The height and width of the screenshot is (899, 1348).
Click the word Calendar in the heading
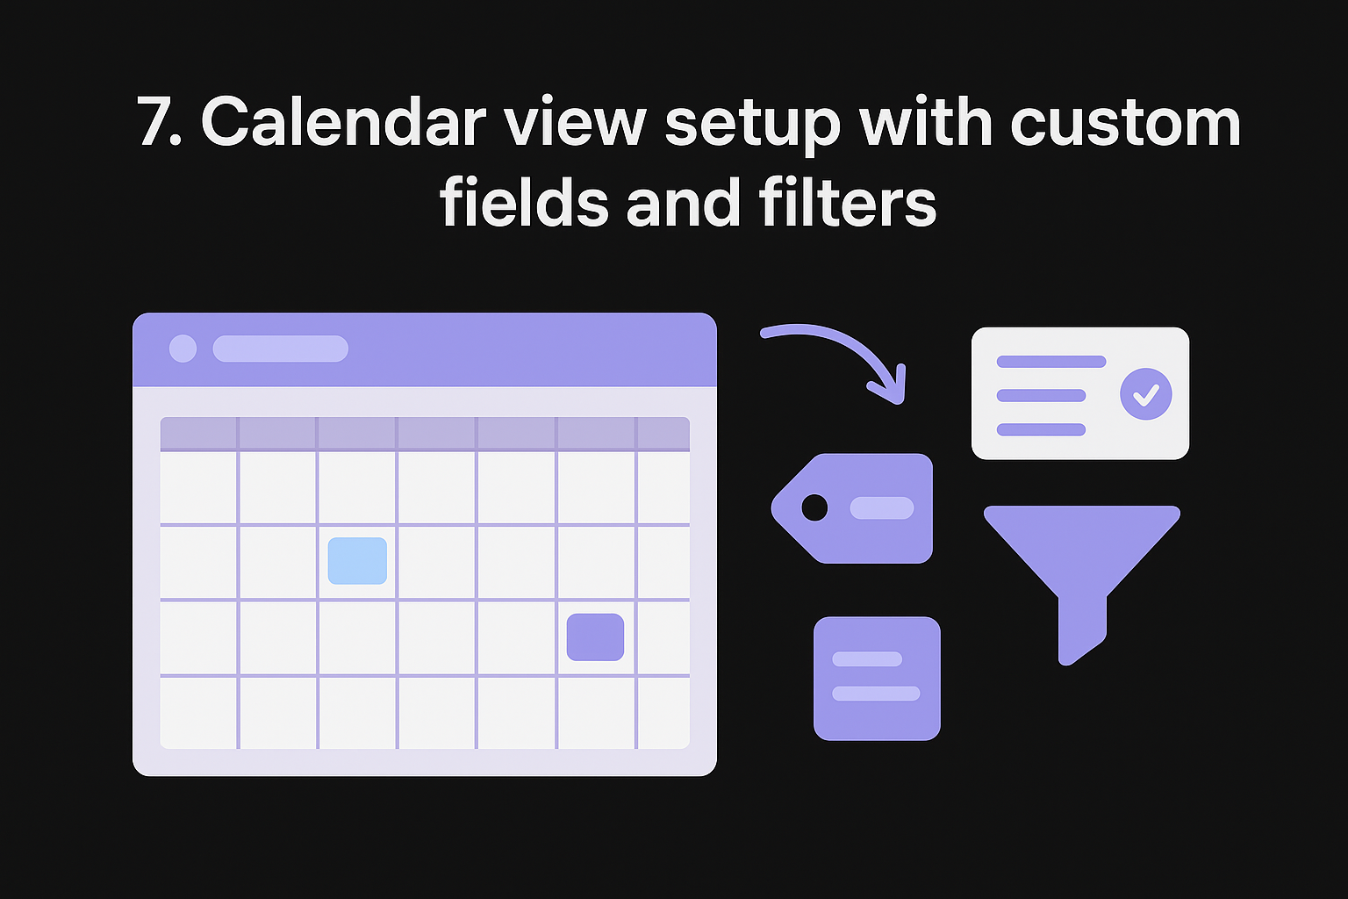pos(343,123)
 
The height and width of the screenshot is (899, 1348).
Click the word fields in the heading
pos(524,203)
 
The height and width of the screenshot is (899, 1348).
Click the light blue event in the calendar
pos(357,561)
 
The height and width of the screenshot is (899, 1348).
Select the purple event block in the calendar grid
pos(595,637)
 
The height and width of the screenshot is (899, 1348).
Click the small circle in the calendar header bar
pos(183,349)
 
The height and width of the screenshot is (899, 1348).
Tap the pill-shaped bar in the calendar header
pos(280,349)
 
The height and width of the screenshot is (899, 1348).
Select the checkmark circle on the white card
pos(1145,394)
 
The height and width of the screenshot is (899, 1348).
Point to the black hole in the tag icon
pos(814,507)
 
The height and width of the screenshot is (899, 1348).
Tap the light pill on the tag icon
pos(882,507)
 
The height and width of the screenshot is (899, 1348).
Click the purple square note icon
pos(877,679)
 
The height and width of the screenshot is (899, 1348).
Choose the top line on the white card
pos(1050,362)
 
